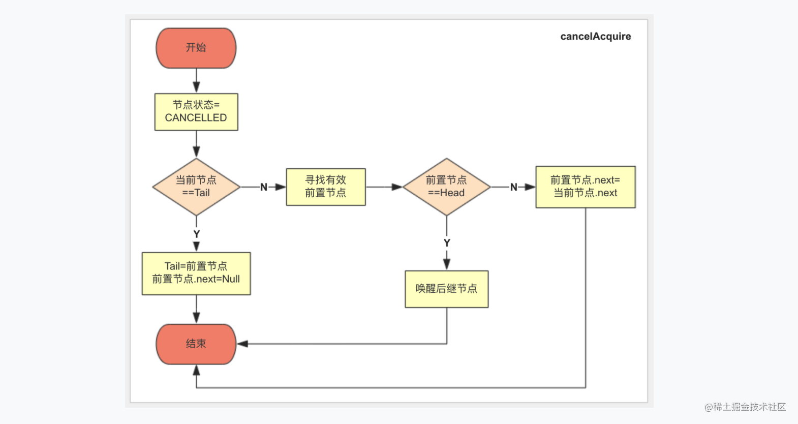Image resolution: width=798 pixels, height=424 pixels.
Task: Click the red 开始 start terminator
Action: pyautogui.click(x=196, y=48)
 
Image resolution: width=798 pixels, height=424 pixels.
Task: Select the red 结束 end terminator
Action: pyautogui.click(x=196, y=344)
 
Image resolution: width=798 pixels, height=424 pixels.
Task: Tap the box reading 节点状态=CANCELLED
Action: pyautogui.click(x=196, y=112)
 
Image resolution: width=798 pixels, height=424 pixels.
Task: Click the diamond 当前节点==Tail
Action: pyautogui.click(x=196, y=187)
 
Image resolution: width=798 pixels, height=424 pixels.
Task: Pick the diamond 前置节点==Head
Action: pyautogui.click(x=446, y=187)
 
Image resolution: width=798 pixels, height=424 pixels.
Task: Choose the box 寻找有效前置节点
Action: pyautogui.click(x=326, y=187)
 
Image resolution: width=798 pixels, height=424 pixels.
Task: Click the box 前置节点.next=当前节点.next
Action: pyautogui.click(x=586, y=187)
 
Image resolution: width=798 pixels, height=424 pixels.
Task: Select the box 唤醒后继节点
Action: pyautogui.click(x=446, y=289)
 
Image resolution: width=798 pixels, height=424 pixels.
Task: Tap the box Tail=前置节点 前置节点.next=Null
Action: pyautogui.click(x=196, y=274)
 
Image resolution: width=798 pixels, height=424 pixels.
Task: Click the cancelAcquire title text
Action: pyautogui.click(x=595, y=36)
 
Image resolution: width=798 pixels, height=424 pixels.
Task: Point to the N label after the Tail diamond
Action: pyautogui.click(x=264, y=187)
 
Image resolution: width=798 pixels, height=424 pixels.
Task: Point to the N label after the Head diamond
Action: pyautogui.click(x=513, y=187)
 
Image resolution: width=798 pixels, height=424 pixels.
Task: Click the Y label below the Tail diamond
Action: pyautogui.click(x=196, y=234)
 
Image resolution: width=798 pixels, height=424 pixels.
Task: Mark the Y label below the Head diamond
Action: pyautogui.click(x=447, y=243)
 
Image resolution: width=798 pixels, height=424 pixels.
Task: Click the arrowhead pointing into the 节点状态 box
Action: pyautogui.click(x=196, y=87)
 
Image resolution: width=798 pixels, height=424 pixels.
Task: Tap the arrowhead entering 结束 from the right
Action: pyautogui.click(x=242, y=344)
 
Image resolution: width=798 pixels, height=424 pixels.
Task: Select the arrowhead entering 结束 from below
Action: pyautogui.click(x=196, y=371)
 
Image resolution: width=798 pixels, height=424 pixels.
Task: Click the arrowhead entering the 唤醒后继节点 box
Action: pyautogui.click(x=447, y=264)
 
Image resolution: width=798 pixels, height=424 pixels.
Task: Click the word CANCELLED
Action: pyautogui.click(x=196, y=117)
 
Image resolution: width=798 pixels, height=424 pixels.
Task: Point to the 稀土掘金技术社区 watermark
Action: pyautogui.click(x=745, y=407)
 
